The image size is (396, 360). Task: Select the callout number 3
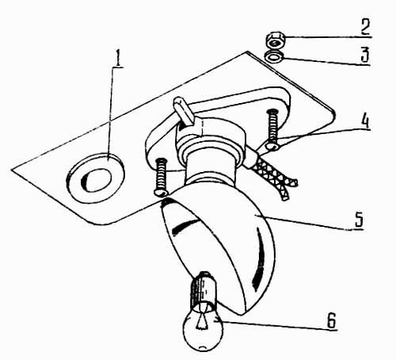tap(364, 54)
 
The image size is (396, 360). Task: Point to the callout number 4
tap(365, 121)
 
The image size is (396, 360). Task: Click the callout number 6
tap(332, 320)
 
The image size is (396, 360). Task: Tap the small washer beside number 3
tap(275, 56)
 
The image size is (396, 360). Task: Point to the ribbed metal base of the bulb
tap(204, 289)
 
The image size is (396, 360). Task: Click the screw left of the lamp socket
tap(161, 177)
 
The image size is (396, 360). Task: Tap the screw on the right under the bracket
tap(272, 129)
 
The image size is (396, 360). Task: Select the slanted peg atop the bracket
tap(184, 112)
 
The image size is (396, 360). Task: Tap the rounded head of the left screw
tap(161, 193)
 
